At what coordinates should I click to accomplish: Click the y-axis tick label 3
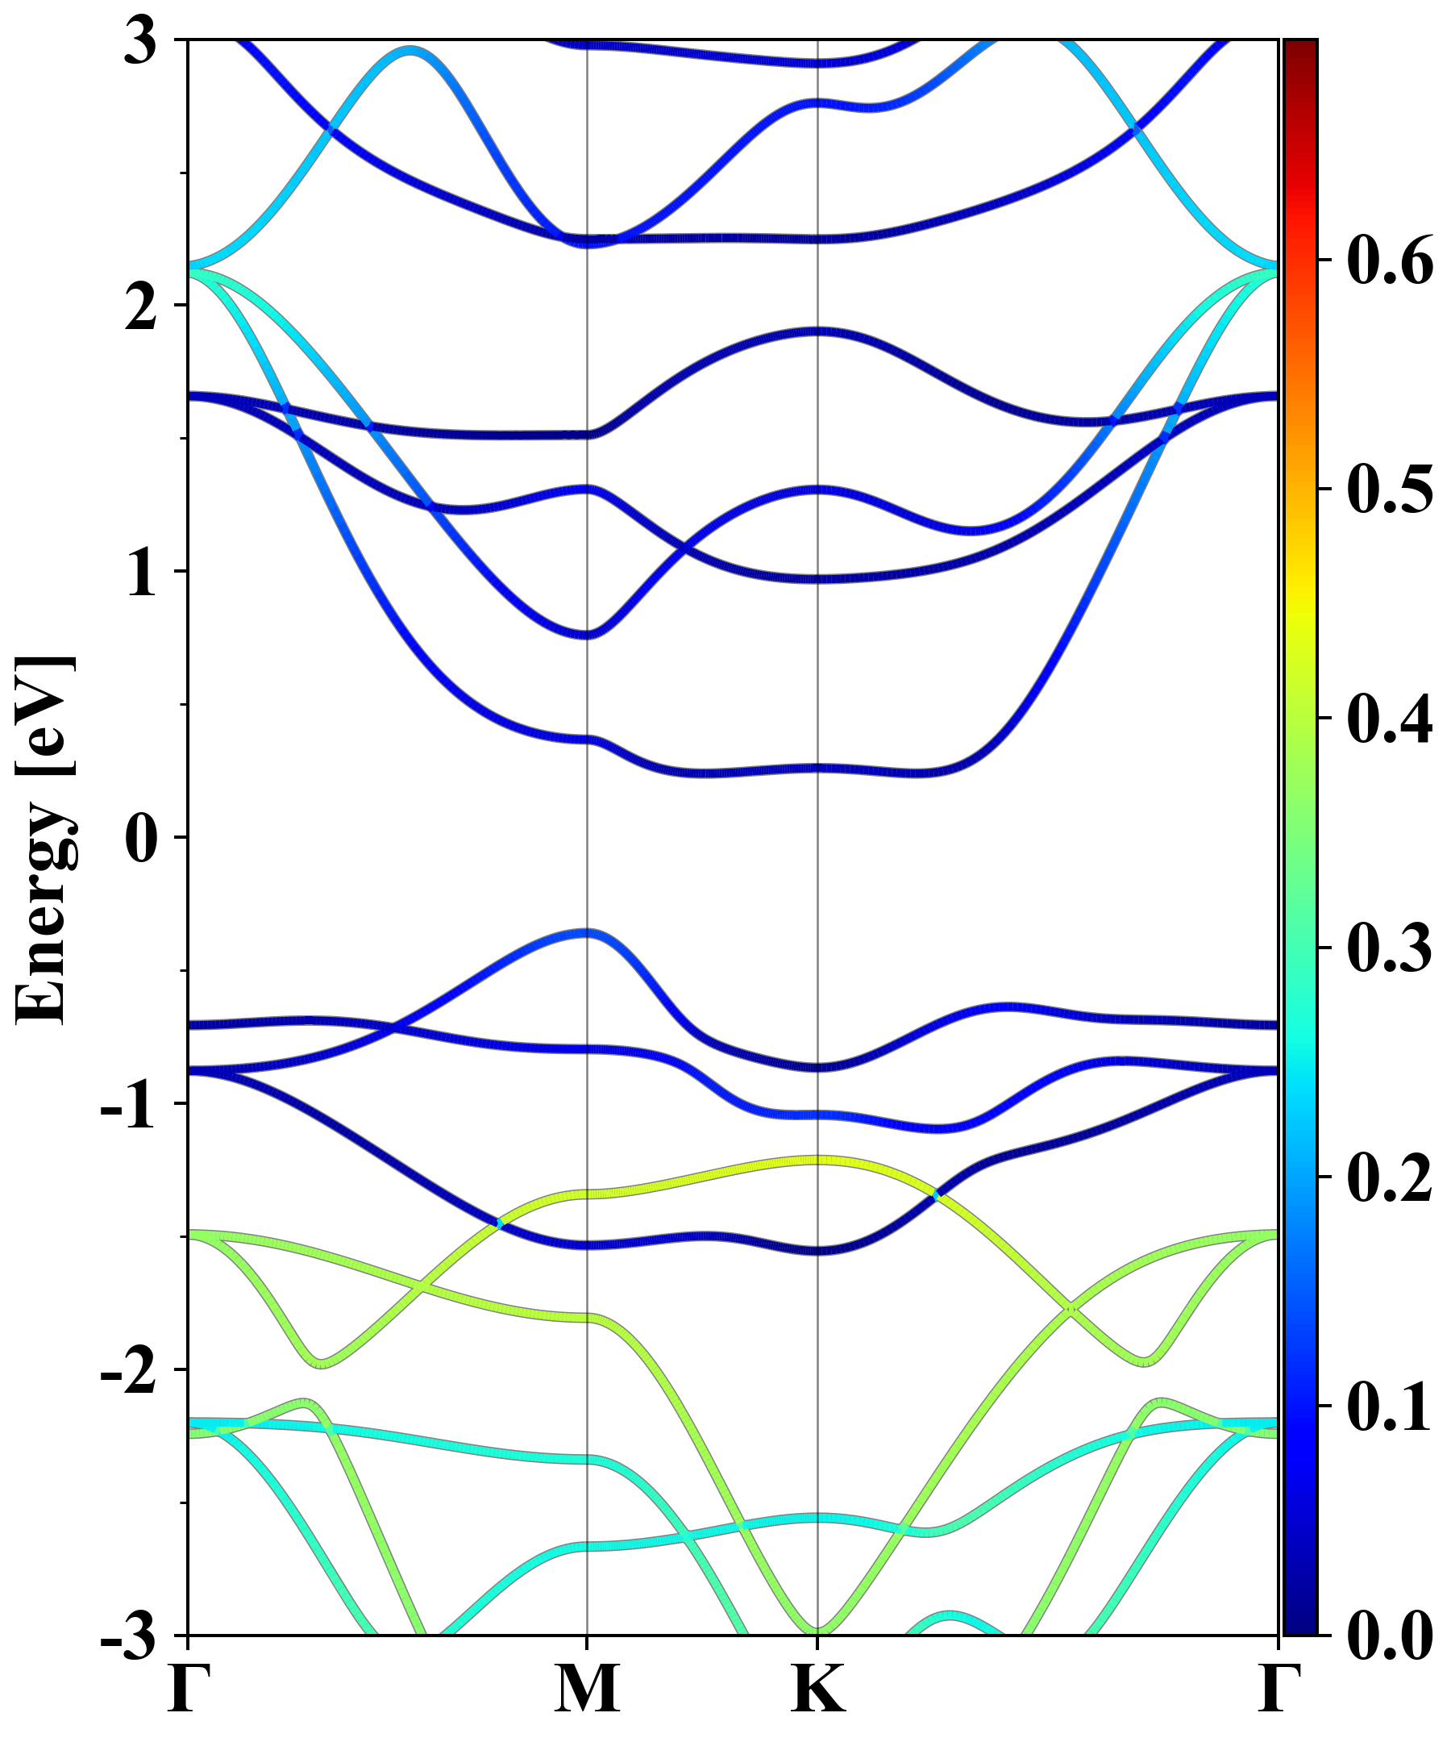141,41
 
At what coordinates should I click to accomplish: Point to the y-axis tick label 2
141,307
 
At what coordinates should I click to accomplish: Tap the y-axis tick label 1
141,573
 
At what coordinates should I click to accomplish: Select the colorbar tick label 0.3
1390,948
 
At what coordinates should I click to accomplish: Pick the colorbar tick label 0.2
1390,1177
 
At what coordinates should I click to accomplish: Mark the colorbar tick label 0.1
1390,1406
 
